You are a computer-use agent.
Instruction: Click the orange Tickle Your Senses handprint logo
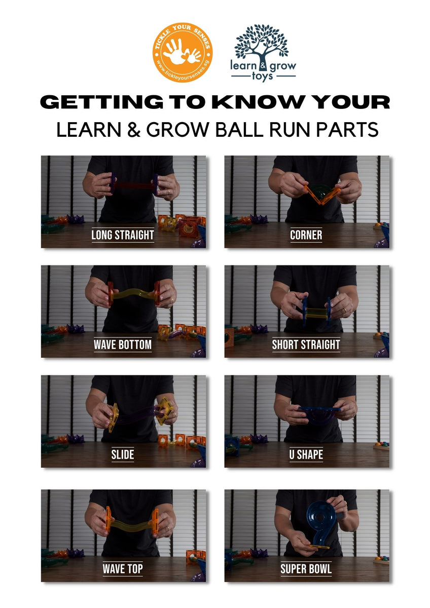(x=183, y=53)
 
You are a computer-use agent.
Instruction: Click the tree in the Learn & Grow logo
(x=261, y=42)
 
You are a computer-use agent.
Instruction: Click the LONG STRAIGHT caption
(x=123, y=235)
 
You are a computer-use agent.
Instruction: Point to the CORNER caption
(x=306, y=235)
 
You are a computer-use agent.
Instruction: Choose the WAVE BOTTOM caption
(x=123, y=345)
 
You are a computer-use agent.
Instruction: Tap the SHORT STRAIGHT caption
(x=306, y=345)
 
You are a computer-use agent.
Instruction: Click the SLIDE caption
(x=123, y=454)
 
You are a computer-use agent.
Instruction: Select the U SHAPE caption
(x=306, y=454)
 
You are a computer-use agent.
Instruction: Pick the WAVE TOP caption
(x=123, y=568)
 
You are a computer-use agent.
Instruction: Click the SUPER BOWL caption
(x=306, y=568)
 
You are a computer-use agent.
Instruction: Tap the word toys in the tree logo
(x=263, y=76)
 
